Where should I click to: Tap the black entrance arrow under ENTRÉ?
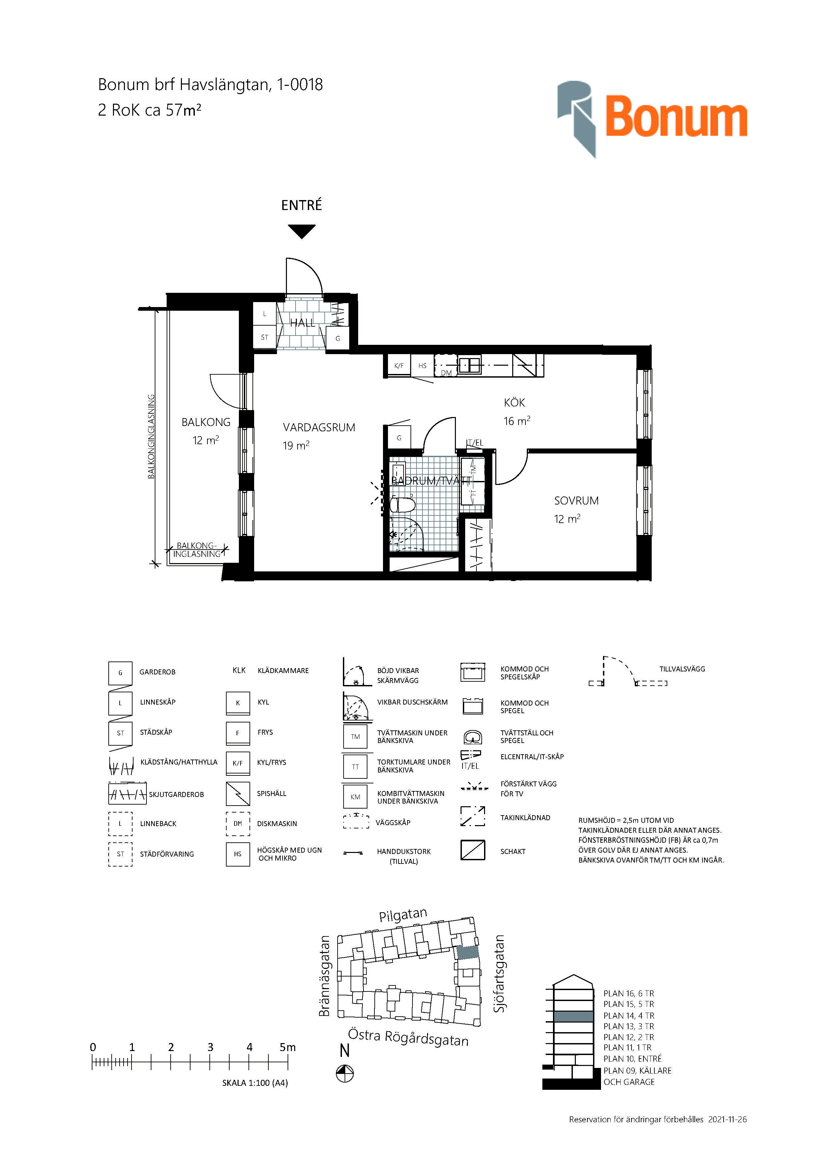tap(302, 231)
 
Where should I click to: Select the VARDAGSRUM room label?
tap(319, 428)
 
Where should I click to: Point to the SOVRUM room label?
tap(576, 501)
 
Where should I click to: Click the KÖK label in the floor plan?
tap(514, 403)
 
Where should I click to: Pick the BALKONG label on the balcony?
tap(206, 422)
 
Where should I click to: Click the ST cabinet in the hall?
tap(264, 337)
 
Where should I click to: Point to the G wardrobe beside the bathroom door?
tap(399, 438)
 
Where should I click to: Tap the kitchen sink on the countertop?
tap(470, 365)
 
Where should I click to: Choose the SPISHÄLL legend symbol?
tap(238, 794)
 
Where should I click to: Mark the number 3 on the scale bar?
tap(210, 1047)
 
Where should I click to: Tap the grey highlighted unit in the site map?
tap(468, 952)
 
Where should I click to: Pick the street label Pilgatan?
tap(403, 915)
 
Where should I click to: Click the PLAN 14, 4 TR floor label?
tap(629, 1016)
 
